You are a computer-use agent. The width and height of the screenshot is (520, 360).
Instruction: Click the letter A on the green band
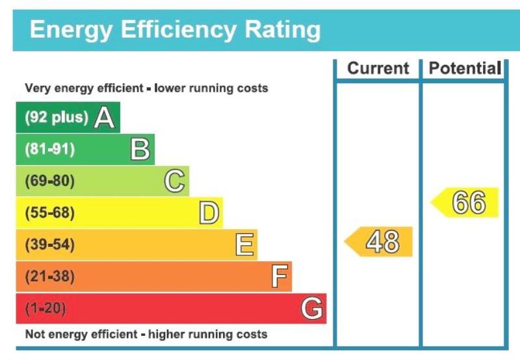click(x=105, y=118)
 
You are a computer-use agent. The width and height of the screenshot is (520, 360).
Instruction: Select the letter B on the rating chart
click(x=140, y=149)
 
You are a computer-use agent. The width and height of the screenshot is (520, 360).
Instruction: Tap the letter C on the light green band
click(x=174, y=181)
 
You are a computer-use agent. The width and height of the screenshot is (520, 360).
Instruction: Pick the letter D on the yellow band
click(x=209, y=213)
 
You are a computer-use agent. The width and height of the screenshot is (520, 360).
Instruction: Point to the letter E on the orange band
click(x=244, y=245)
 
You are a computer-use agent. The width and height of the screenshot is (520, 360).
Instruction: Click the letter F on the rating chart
click(x=279, y=277)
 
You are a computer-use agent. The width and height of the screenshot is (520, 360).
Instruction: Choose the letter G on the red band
click(x=312, y=309)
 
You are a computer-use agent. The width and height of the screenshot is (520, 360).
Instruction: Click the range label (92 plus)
click(x=56, y=118)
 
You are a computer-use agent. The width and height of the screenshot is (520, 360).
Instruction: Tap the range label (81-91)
click(x=49, y=149)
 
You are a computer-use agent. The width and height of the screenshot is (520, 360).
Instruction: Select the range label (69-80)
click(x=49, y=181)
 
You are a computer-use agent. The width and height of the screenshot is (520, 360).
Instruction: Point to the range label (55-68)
click(x=49, y=213)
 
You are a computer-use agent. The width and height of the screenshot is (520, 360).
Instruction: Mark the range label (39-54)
click(x=49, y=245)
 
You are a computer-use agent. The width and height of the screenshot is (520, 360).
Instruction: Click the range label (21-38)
click(x=49, y=277)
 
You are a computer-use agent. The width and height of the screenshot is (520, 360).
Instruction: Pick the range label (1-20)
click(x=45, y=309)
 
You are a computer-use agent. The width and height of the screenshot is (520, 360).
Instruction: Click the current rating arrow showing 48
click(x=380, y=242)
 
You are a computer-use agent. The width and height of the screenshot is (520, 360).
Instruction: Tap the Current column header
click(x=378, y=68)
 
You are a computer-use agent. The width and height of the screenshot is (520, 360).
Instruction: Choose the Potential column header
click(x=465, y=68)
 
